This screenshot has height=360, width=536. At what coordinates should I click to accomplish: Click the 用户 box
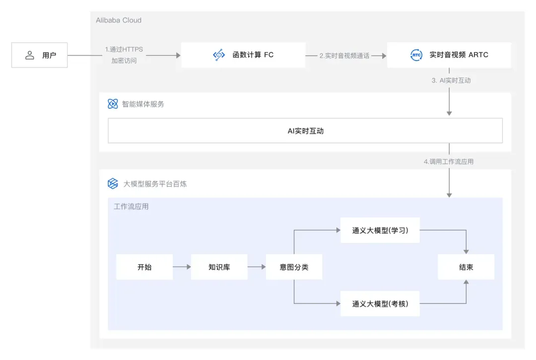tap(40, 55)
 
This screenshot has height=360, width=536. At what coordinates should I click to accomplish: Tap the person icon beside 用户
tap(30, 55)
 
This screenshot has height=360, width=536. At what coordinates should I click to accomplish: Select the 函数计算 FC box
tap(243, 55)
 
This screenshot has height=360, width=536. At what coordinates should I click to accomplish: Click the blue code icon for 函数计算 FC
tap(219, 55)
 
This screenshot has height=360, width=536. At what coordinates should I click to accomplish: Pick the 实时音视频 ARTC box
tap(449, 55)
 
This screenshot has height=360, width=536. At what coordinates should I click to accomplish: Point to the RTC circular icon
tap(416, 55)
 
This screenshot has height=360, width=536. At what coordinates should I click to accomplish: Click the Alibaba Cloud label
tap(119, 20)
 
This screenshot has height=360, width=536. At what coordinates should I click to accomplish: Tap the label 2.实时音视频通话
tap(344, 56)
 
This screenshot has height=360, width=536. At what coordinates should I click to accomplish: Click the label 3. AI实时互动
tap(451, 80)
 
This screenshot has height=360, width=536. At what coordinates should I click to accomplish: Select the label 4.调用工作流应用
tap(448, 161)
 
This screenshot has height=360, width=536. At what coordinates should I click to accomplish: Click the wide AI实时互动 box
tap(305, 131)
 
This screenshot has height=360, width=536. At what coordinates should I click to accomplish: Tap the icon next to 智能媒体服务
tap(113, 104)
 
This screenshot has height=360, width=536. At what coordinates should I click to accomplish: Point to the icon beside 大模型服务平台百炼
tap(113, 184)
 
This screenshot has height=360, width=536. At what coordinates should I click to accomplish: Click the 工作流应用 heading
tap(131, 207)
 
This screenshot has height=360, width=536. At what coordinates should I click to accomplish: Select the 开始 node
tap(144, 267)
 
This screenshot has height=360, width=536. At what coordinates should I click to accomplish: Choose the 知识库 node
tap(219, 267)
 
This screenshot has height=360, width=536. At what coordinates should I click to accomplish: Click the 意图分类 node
tap(294, 267)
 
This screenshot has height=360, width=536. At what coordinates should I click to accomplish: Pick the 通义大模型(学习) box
tap(380, 230)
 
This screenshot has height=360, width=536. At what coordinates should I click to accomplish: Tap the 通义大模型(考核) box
tap(380, 303)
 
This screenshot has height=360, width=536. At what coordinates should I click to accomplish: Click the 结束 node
tap(466, 267)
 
